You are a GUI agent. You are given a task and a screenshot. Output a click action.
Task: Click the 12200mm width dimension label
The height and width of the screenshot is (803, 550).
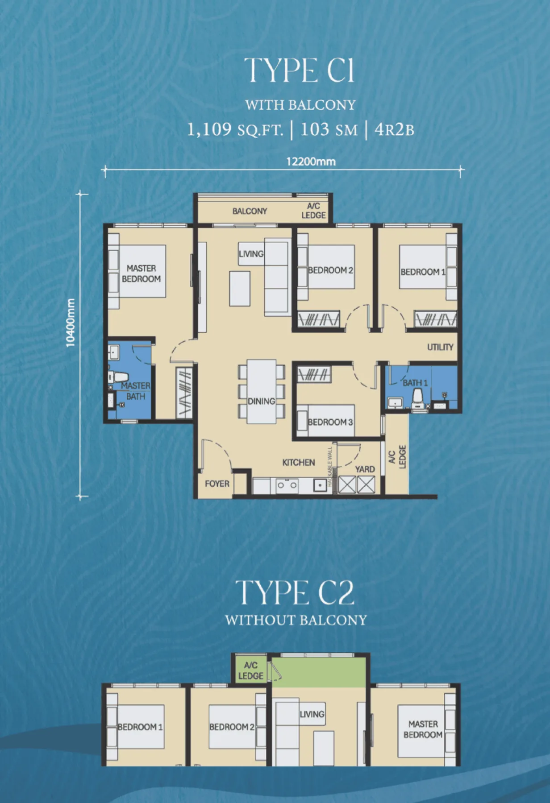(311, 161)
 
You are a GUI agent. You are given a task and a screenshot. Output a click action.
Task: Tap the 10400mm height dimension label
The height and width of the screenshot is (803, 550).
(71, 323)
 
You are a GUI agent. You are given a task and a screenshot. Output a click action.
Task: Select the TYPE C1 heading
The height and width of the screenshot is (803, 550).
(300, 70)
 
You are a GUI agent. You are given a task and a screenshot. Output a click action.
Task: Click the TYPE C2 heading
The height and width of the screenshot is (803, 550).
(295, 592)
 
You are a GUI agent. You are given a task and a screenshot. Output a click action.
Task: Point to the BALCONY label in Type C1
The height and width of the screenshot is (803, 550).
(250, 211)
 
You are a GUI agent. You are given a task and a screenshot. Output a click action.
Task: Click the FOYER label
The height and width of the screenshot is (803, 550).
(217, 484)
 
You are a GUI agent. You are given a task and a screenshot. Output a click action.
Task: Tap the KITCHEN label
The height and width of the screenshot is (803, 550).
(298, 463)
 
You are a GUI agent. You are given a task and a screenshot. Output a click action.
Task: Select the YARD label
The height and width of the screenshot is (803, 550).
(365, 469)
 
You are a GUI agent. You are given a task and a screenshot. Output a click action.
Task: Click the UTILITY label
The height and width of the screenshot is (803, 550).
(440, 347)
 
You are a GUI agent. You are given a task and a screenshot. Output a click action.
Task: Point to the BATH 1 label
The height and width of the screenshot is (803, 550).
(415, 383)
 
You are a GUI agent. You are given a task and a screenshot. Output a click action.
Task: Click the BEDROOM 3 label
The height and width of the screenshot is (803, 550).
(330, 422)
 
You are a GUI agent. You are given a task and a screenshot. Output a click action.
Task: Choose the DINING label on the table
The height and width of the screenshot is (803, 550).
(261, 401)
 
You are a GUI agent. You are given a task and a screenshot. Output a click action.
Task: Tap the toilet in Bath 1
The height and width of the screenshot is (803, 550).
(418, 398)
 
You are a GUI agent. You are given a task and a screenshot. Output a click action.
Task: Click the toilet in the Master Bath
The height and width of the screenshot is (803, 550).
(118, 377)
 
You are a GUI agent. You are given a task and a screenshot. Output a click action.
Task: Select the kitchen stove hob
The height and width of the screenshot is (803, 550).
(287, 485)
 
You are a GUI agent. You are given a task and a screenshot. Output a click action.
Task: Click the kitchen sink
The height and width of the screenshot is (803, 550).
(320, 485)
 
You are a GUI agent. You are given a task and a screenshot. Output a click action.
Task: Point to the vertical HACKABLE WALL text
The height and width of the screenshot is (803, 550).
(330, 467)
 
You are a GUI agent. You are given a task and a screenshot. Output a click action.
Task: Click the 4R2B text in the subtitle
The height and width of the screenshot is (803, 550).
(394, 129)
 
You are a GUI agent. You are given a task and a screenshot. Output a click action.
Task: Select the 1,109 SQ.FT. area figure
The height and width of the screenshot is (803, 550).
(235, 129)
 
